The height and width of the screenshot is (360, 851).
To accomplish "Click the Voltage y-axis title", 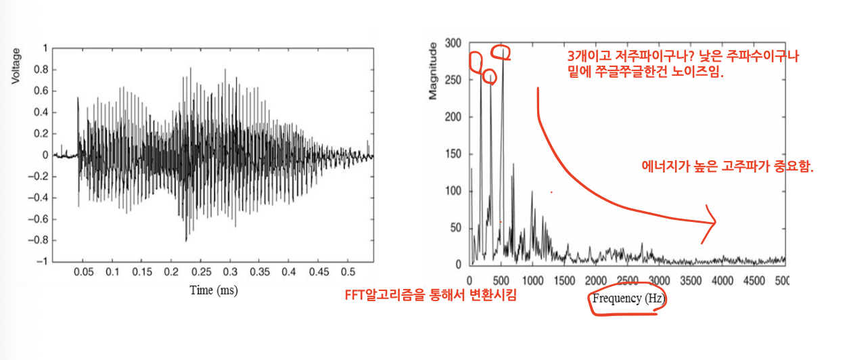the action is click(x=15, y=66).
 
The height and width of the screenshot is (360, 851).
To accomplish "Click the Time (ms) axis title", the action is click(x=214, y=290).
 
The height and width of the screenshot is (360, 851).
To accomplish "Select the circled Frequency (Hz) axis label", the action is click(x=628, y=298).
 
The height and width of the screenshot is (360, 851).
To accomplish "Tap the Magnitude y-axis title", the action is click(x=433, y=71).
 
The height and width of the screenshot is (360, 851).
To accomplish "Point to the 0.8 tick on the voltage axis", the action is click(x=41, y=70).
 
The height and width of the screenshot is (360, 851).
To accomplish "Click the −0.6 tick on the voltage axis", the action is click(x=39, y=219).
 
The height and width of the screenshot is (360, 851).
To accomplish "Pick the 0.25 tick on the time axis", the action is click(x=201, y=272).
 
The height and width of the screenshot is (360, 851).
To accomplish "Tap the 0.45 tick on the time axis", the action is click(x=319, y=272).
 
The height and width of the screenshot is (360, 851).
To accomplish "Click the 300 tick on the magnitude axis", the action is click(x=453, y=43).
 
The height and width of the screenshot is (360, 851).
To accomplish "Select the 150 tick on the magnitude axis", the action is click(x=453, y=154).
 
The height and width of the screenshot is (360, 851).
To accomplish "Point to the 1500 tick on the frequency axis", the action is click(x=564, y=281).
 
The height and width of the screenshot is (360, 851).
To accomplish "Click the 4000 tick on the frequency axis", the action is click(x=722, y=281).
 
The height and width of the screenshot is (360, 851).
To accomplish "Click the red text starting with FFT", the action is click(x=430, y=295).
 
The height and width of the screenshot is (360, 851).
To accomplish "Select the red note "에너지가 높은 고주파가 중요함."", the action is click(x=727, y=166).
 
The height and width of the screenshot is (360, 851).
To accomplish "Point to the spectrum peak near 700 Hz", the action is click(x=513, y=164).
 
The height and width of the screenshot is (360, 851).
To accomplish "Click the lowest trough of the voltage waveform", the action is click(x=186, y=241).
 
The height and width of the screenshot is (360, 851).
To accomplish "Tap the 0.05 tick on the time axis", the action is click(x=83, y=272).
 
